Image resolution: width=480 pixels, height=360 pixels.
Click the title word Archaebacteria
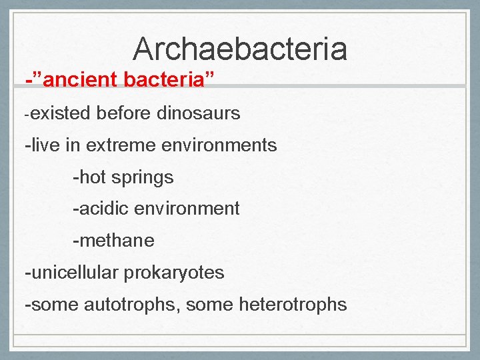click(239, 49)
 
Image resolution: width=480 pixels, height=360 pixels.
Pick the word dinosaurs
click(198, 113)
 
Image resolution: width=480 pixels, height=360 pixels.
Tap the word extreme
click(120, 145)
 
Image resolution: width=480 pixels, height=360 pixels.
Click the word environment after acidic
click(187, 209)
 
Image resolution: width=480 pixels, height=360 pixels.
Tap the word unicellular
click(73, 273)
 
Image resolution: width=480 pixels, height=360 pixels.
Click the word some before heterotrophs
click(205, 305)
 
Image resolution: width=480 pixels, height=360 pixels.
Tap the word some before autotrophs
click(55, 305)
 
